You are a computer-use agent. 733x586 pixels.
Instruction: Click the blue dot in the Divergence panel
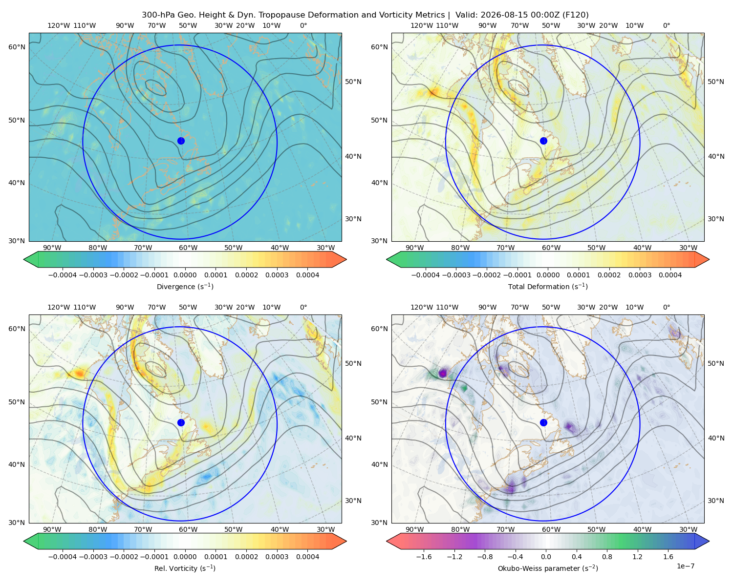click(x=181, y=141)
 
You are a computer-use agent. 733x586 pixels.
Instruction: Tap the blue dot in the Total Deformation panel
click(x=543, y=141)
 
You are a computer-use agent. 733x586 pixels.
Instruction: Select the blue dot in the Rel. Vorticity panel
click(x=181, y=422)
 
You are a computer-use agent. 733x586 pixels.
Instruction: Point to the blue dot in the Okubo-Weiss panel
click(x=543, y=422)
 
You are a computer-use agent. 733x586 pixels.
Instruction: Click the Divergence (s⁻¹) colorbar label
click(x=185, y=287)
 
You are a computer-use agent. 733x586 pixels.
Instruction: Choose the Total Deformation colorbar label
click(x=548, y=287)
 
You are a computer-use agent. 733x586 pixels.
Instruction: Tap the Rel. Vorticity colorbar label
click(x=185, y=568)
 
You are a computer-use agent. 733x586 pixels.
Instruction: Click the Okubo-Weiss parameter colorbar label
click(x=548, y=568)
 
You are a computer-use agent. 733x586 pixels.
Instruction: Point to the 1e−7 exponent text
click(x=685, y=566)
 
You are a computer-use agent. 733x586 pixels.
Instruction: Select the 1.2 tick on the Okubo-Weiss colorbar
click(x=637, y=557)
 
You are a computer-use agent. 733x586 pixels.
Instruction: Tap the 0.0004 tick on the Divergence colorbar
click(x=307, y=275)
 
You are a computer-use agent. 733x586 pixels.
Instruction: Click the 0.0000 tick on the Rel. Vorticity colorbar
click(x=185, y=557)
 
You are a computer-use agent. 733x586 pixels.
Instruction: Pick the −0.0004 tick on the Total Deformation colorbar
click(x=425, y=275)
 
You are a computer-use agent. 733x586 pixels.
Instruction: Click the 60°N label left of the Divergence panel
click(x=17, y=47)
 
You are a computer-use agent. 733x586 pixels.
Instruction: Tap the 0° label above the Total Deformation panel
click(x=666, y=25)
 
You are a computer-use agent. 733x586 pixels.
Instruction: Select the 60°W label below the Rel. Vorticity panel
click(x=188, y=529)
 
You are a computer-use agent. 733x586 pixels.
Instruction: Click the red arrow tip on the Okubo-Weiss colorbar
click(x=388, y=541)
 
